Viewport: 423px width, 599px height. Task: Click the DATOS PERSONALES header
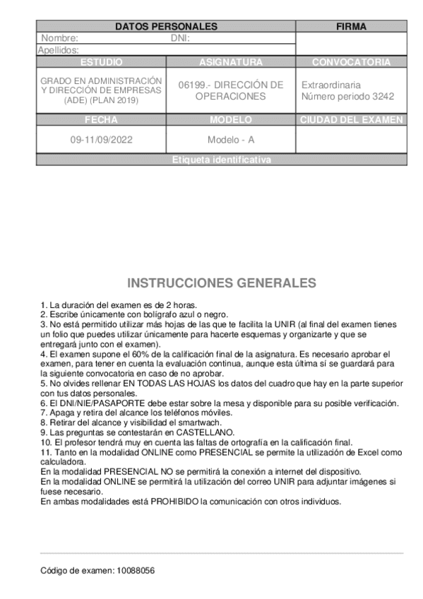165,26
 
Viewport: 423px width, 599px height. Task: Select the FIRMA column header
351,26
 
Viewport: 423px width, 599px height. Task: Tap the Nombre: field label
59,38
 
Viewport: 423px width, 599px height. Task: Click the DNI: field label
181,38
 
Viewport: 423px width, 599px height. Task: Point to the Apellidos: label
58,50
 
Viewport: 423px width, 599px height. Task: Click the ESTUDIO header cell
102,62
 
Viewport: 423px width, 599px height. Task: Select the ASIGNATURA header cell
231,62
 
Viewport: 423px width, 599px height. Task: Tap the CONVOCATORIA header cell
351,62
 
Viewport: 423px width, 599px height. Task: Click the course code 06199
193,85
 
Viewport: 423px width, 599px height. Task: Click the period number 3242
382,96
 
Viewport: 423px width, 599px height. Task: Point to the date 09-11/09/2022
102,140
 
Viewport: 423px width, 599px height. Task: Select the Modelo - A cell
231,140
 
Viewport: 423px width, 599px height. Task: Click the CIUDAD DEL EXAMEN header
351,120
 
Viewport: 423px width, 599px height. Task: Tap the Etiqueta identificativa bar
221,160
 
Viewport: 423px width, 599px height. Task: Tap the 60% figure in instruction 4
138,352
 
